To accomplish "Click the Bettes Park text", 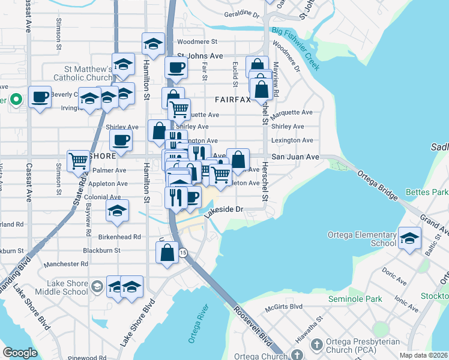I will point(427,193).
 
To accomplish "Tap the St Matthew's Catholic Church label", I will point(83,73).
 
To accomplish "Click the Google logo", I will point(20,353).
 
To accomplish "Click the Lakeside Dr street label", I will point(222,211).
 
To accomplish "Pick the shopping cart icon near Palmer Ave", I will point(79,161).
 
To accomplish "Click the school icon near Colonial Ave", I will point(117,210).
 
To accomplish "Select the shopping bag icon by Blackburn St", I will point(167,252).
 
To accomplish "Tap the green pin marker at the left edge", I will point(16,99).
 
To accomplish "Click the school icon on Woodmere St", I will point(153,44).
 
